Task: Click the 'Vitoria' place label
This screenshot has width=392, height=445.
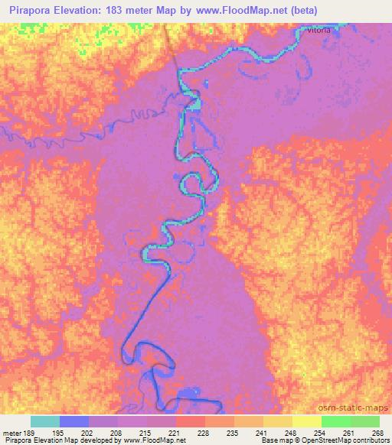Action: (319, 31)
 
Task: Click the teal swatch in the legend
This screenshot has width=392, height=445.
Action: (45, 421)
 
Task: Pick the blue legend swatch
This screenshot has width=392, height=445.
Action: (74, 421)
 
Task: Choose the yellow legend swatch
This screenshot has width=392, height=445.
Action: (307, 421)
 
